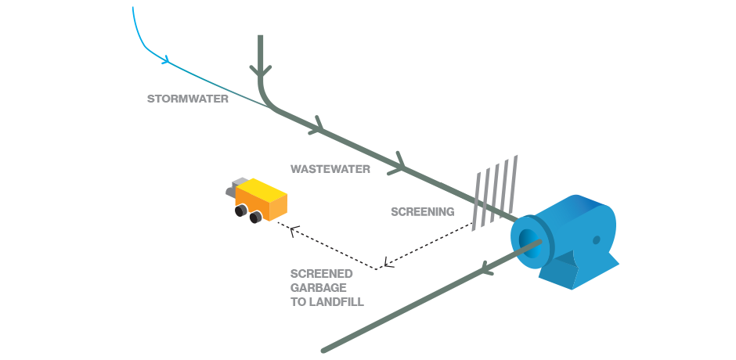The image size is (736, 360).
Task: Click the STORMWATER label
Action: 188,99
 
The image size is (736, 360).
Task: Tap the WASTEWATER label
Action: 330,168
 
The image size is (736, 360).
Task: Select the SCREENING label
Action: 422,211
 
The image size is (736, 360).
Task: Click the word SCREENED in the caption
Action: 321,273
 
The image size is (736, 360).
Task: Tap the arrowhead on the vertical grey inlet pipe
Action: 261,73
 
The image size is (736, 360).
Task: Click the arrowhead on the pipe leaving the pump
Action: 486,271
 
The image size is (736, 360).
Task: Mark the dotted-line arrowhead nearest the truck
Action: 293,229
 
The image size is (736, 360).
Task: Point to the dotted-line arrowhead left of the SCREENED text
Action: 387,262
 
